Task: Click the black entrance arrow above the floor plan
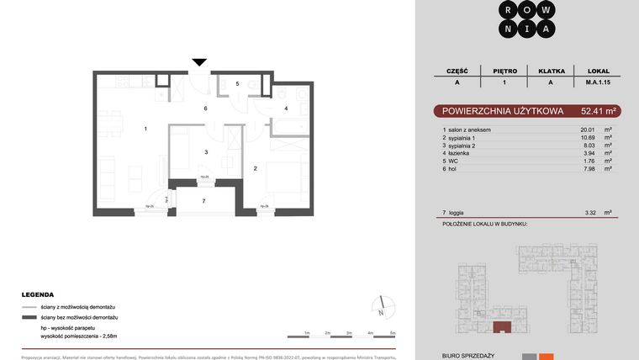click(199, 62)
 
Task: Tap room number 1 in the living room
click(145, 129)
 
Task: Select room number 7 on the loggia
click(203, 201)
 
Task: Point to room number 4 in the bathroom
click(286, 109)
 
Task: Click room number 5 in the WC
click(238, 84)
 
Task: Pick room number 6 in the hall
click(205, 109)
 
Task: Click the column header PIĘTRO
click(505, 71)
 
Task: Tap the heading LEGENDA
click(39, 295)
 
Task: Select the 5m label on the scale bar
click(393, 334)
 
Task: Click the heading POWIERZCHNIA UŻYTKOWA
click(492, 110)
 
